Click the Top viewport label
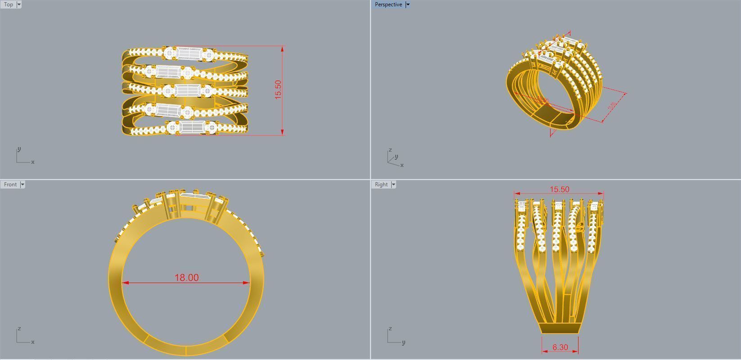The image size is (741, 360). point(9,4)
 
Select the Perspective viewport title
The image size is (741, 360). point(388,4)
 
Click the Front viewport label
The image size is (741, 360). point(10,184)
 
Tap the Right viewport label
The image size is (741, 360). point(381,184)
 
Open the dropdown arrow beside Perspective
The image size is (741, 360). point(408,4)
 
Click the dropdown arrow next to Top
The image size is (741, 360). point(19,4)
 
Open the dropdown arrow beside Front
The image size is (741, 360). point(23,184)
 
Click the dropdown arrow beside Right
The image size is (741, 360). point(393,184)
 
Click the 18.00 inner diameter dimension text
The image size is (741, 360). point(186,278)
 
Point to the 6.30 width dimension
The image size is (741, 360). point(560,347)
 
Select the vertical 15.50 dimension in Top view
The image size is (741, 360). point(278,90)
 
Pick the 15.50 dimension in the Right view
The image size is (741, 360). point(559,189)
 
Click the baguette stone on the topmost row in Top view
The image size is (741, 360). point(188,54)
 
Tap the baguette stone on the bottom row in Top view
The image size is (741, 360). point(192,127)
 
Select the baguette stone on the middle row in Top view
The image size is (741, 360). point(188,90)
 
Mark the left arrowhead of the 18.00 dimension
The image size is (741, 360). point(125,283)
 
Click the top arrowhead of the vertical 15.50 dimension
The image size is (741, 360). point(282,48)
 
